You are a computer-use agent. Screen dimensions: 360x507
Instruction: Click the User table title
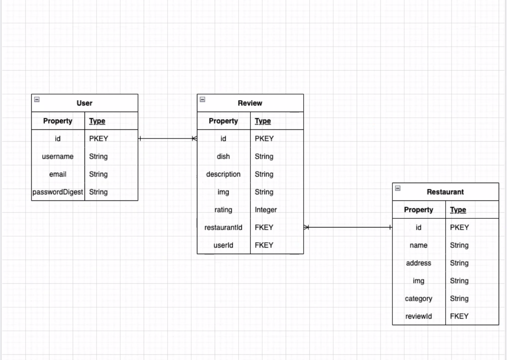click(x=84, y=103)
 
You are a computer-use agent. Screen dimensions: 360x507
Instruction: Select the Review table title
click(x=250, y=103)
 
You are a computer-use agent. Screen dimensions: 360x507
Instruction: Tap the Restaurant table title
click(x=445, y=192)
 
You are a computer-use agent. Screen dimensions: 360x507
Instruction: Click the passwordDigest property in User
click(x=58, y=192)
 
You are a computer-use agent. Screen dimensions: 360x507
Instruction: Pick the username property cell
click(x=58, y=156)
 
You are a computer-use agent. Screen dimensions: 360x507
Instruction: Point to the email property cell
click(x=58, y=174)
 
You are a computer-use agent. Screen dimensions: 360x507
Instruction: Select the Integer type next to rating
click(x=266, y=210)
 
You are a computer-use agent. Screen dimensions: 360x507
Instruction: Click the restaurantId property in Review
click(x=223, y=227)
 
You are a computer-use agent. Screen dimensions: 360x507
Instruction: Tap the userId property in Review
click(x=223, y=245)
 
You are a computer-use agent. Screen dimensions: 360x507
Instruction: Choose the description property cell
click(x=223, y=174)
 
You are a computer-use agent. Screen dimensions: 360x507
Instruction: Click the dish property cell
click(x=223, y=156)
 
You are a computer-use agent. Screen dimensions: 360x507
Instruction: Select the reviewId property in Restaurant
click(x=419, y=316)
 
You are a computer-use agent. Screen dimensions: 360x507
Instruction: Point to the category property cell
click(x=419, y=299)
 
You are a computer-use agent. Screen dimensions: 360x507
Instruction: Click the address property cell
click(x=419, y=263)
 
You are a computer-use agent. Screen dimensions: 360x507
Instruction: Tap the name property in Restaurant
click(x=419, y=245)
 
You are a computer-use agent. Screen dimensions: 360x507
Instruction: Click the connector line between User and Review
click(x=167, y=139)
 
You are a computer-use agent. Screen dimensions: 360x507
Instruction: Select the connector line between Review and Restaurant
click(x=348, y=227)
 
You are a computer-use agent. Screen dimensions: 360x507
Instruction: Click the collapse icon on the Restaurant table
click(x=397, y=188)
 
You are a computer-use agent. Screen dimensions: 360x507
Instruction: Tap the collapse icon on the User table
click(x=37, y=99)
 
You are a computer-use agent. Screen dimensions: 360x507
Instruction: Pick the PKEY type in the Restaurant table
click(x=459, y=228)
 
